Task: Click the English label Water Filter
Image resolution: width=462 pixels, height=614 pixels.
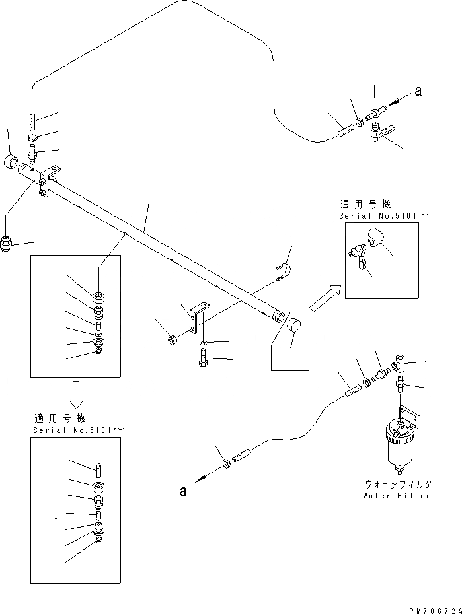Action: [x=396, y=495]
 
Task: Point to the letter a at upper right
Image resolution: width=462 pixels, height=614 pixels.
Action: [x=418, y=92]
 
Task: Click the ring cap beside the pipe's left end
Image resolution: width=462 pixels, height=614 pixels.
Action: [x=12, y=162]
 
